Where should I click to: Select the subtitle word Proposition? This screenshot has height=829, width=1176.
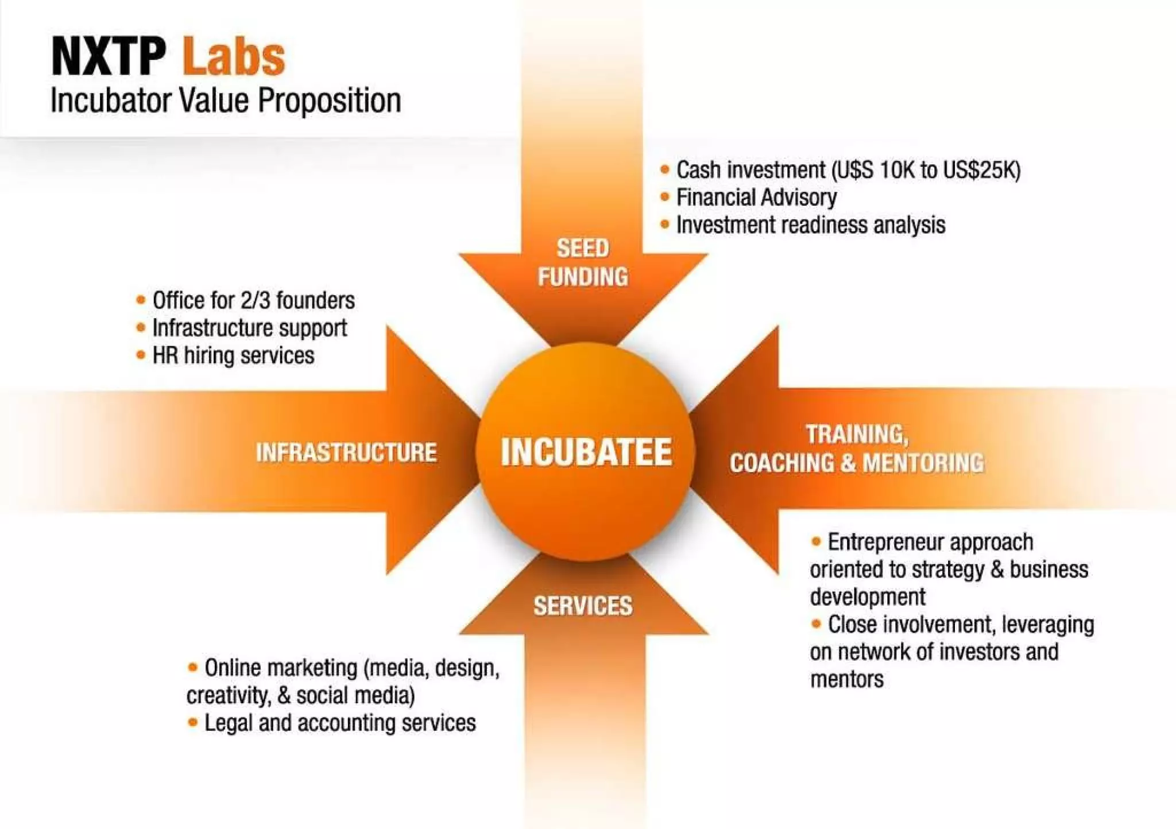coord(329,101)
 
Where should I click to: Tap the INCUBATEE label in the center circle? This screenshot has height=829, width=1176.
coord(586,452)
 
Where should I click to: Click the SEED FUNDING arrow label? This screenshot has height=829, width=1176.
coord(583,263)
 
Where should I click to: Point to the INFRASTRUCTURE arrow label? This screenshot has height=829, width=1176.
coord(346,452)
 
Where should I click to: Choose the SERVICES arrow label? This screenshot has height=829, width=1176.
coord(583,606)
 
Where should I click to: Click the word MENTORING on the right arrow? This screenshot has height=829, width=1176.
coord(923,463)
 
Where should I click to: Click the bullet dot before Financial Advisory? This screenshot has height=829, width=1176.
coord(665,197)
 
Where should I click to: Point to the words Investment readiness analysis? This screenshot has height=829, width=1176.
coord(810,225)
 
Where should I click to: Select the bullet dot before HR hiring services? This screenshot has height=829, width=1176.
coord(141,355)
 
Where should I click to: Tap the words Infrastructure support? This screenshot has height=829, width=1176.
coord(249,328)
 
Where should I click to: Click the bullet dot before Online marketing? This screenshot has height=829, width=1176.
coord(193,667)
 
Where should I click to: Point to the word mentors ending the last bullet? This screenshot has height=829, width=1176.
coord(846,680)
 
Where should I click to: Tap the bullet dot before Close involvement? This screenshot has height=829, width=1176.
coord(816,623)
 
